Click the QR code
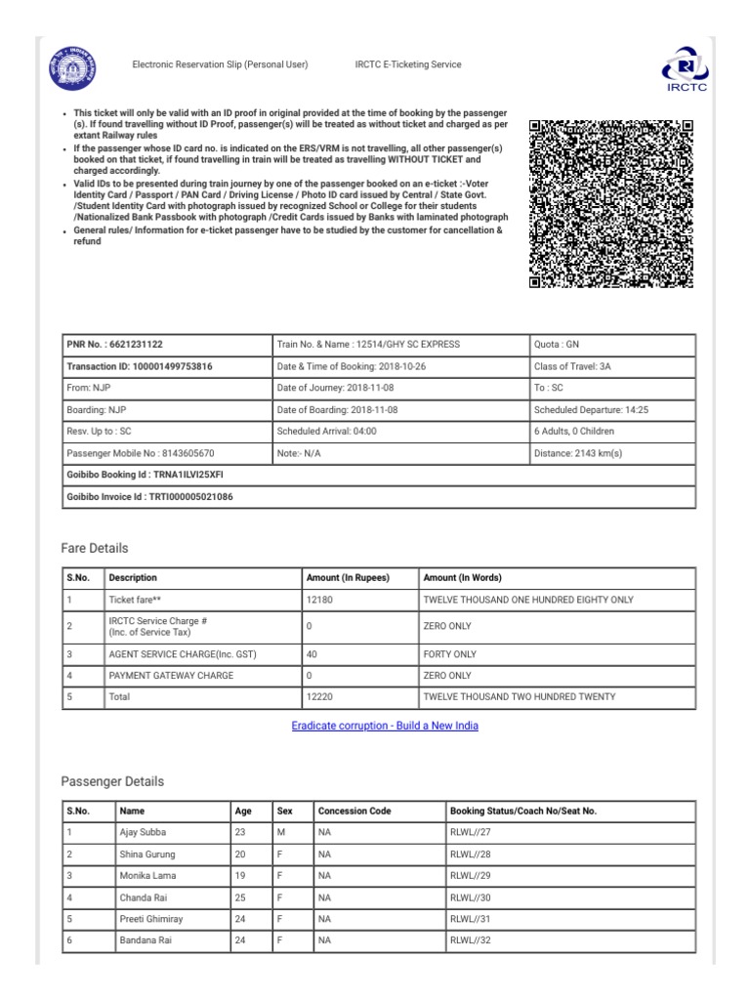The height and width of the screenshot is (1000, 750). pos(610,203)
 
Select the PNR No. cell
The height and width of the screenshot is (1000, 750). pos(114,345)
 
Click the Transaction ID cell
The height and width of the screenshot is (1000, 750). pos(139,366)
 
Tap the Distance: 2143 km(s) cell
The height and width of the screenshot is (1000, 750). pos(577,453)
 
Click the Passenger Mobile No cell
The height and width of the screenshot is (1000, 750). pos(140,453)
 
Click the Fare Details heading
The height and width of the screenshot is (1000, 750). pos(95,548)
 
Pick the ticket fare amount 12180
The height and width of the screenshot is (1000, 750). pos(319,599)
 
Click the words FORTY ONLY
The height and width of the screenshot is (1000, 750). pos(449,653)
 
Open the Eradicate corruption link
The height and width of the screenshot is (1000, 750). pos(385,726)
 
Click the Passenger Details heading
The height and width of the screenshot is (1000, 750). pos(112,781)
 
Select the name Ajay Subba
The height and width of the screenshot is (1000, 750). pos(144,832)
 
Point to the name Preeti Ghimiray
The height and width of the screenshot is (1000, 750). pos(150,919)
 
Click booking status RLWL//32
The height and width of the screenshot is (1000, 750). pos(470,940)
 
